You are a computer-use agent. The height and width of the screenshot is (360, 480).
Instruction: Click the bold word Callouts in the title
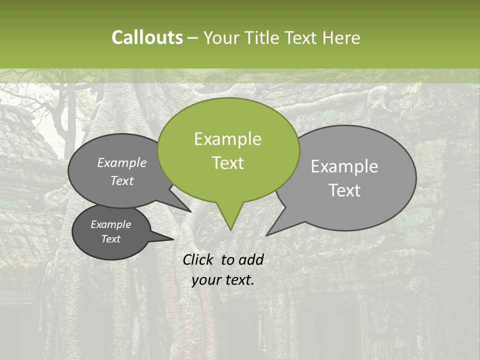(147, 37)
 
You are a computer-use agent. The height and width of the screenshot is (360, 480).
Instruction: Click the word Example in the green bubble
(227, 139)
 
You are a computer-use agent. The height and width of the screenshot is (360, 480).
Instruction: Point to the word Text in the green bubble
(227, 163)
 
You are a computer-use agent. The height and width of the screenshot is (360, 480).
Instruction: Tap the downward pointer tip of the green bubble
(230, 229)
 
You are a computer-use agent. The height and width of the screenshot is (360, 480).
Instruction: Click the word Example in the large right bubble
(344, 166)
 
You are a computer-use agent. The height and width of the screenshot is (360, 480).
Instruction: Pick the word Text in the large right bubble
(345, 190)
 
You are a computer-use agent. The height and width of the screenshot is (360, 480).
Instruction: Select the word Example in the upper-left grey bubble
(121, 162)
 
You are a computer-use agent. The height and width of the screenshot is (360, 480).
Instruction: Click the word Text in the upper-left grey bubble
(121, 180)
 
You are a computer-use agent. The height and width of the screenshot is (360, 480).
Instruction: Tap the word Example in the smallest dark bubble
(110, 224)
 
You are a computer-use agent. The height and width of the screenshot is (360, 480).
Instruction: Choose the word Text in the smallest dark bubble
(110, 239)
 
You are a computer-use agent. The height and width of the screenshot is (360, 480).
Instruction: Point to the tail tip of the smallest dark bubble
(173, 239)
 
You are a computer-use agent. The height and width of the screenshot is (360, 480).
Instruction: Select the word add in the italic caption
(252, 259)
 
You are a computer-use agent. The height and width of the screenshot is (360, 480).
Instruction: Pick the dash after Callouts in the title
(193, 37)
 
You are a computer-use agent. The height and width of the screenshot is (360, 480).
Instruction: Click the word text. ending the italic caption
(239, 280)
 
